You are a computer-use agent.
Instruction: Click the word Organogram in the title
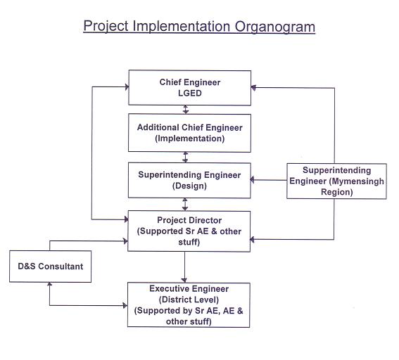point(275,27)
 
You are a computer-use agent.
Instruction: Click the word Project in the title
point(106,26)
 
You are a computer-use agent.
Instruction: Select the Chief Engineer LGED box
point(190,88)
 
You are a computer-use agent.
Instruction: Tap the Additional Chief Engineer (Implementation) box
point(189,133)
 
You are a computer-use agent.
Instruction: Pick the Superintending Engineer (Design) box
point(189,180)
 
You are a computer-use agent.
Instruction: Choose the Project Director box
point(189,231)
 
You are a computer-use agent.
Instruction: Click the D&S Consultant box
point(51,266)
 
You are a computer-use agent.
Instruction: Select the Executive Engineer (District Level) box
point(189,305)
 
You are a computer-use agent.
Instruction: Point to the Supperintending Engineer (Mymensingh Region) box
point(336,181)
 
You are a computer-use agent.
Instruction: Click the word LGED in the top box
point(190,93)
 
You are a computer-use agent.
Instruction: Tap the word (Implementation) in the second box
point(190,139)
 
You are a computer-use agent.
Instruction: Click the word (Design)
point(189,186)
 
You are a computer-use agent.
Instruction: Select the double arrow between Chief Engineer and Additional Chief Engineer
point(186,110)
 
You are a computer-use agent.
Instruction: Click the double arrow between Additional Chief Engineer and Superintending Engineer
point(186,157)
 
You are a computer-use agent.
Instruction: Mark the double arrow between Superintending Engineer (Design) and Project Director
point(185,205)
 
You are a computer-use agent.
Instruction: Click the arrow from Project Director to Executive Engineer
point(184,267)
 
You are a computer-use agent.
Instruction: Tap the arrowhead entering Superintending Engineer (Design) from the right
point(253,180)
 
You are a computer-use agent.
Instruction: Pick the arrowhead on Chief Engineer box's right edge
point(253,87)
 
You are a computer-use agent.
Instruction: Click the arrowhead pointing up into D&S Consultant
point(50,284)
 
